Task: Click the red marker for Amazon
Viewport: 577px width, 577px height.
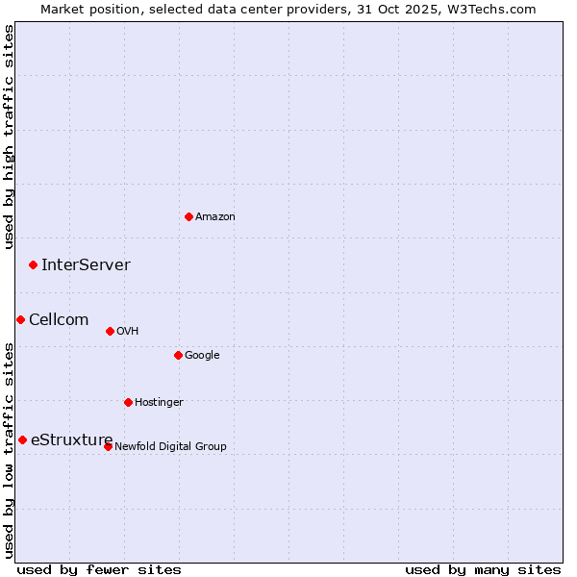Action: [188, 216]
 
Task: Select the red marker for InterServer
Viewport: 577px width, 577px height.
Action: [33, 264]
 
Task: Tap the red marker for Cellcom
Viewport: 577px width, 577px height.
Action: [20, 319]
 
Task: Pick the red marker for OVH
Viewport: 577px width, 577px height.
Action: [110, 331]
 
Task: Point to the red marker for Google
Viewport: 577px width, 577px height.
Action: [178, 355]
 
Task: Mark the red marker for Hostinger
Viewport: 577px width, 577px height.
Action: [128, 402]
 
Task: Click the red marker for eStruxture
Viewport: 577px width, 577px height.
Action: [22, 439]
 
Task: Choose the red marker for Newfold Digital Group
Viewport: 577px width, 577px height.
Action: [108, 446]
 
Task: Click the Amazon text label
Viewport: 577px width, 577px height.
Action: [215, 217]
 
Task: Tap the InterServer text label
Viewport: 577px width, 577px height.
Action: [86, 265]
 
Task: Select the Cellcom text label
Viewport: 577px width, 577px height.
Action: [59, 320]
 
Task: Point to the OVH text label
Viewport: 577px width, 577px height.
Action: [128, 332]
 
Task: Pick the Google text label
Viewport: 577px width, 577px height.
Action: [202, 356]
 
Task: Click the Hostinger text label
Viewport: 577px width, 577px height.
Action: [159, 403]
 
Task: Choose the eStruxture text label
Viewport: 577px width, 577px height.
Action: [72, 440]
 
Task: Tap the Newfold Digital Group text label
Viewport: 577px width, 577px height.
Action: [171, 447]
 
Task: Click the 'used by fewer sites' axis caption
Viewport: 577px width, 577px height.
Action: [99, 569]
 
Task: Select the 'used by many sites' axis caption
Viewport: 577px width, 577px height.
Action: [483, 569]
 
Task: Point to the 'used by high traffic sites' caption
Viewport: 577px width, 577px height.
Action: [9, 137]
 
